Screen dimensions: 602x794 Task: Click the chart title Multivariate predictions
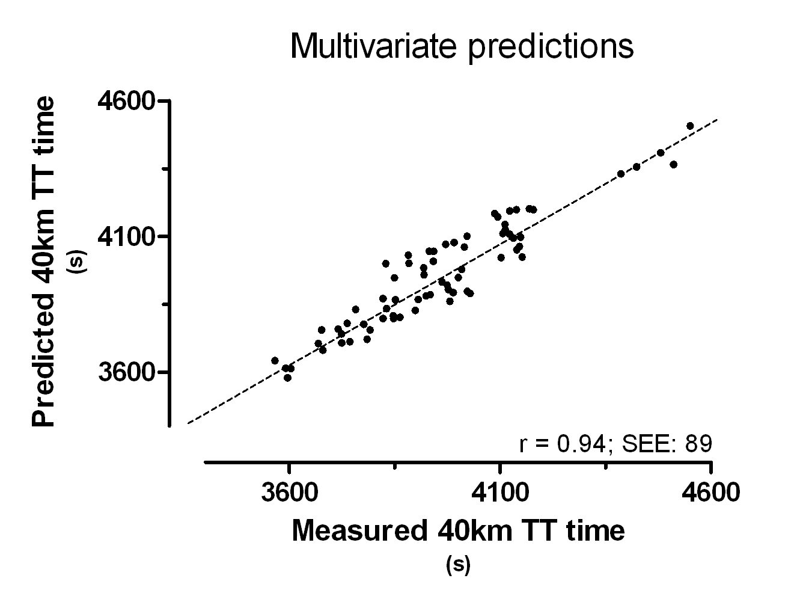pos(462,46)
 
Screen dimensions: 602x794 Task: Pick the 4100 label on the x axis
pos(500,493)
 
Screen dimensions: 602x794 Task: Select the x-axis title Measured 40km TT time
pos(459,530)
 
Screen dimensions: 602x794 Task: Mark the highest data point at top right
pos(690,126)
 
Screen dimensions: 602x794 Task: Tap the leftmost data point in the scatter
pos(275,360)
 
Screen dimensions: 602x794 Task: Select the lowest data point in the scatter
pos(287,378)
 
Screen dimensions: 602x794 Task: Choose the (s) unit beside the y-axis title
pos(79,262)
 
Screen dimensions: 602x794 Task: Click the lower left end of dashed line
pos(188,423)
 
